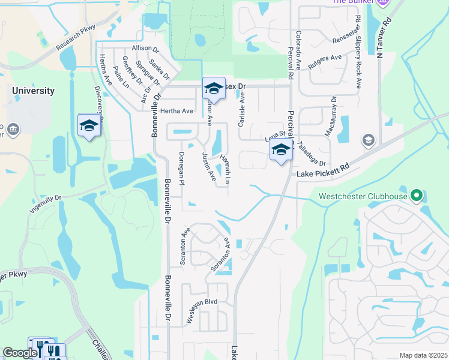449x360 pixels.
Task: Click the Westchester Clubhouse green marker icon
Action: tap(415, 196)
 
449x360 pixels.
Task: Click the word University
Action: tap(34, 91)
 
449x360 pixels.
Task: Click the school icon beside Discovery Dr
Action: tap(89, 125)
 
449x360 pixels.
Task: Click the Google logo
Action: tap(20, 353)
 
